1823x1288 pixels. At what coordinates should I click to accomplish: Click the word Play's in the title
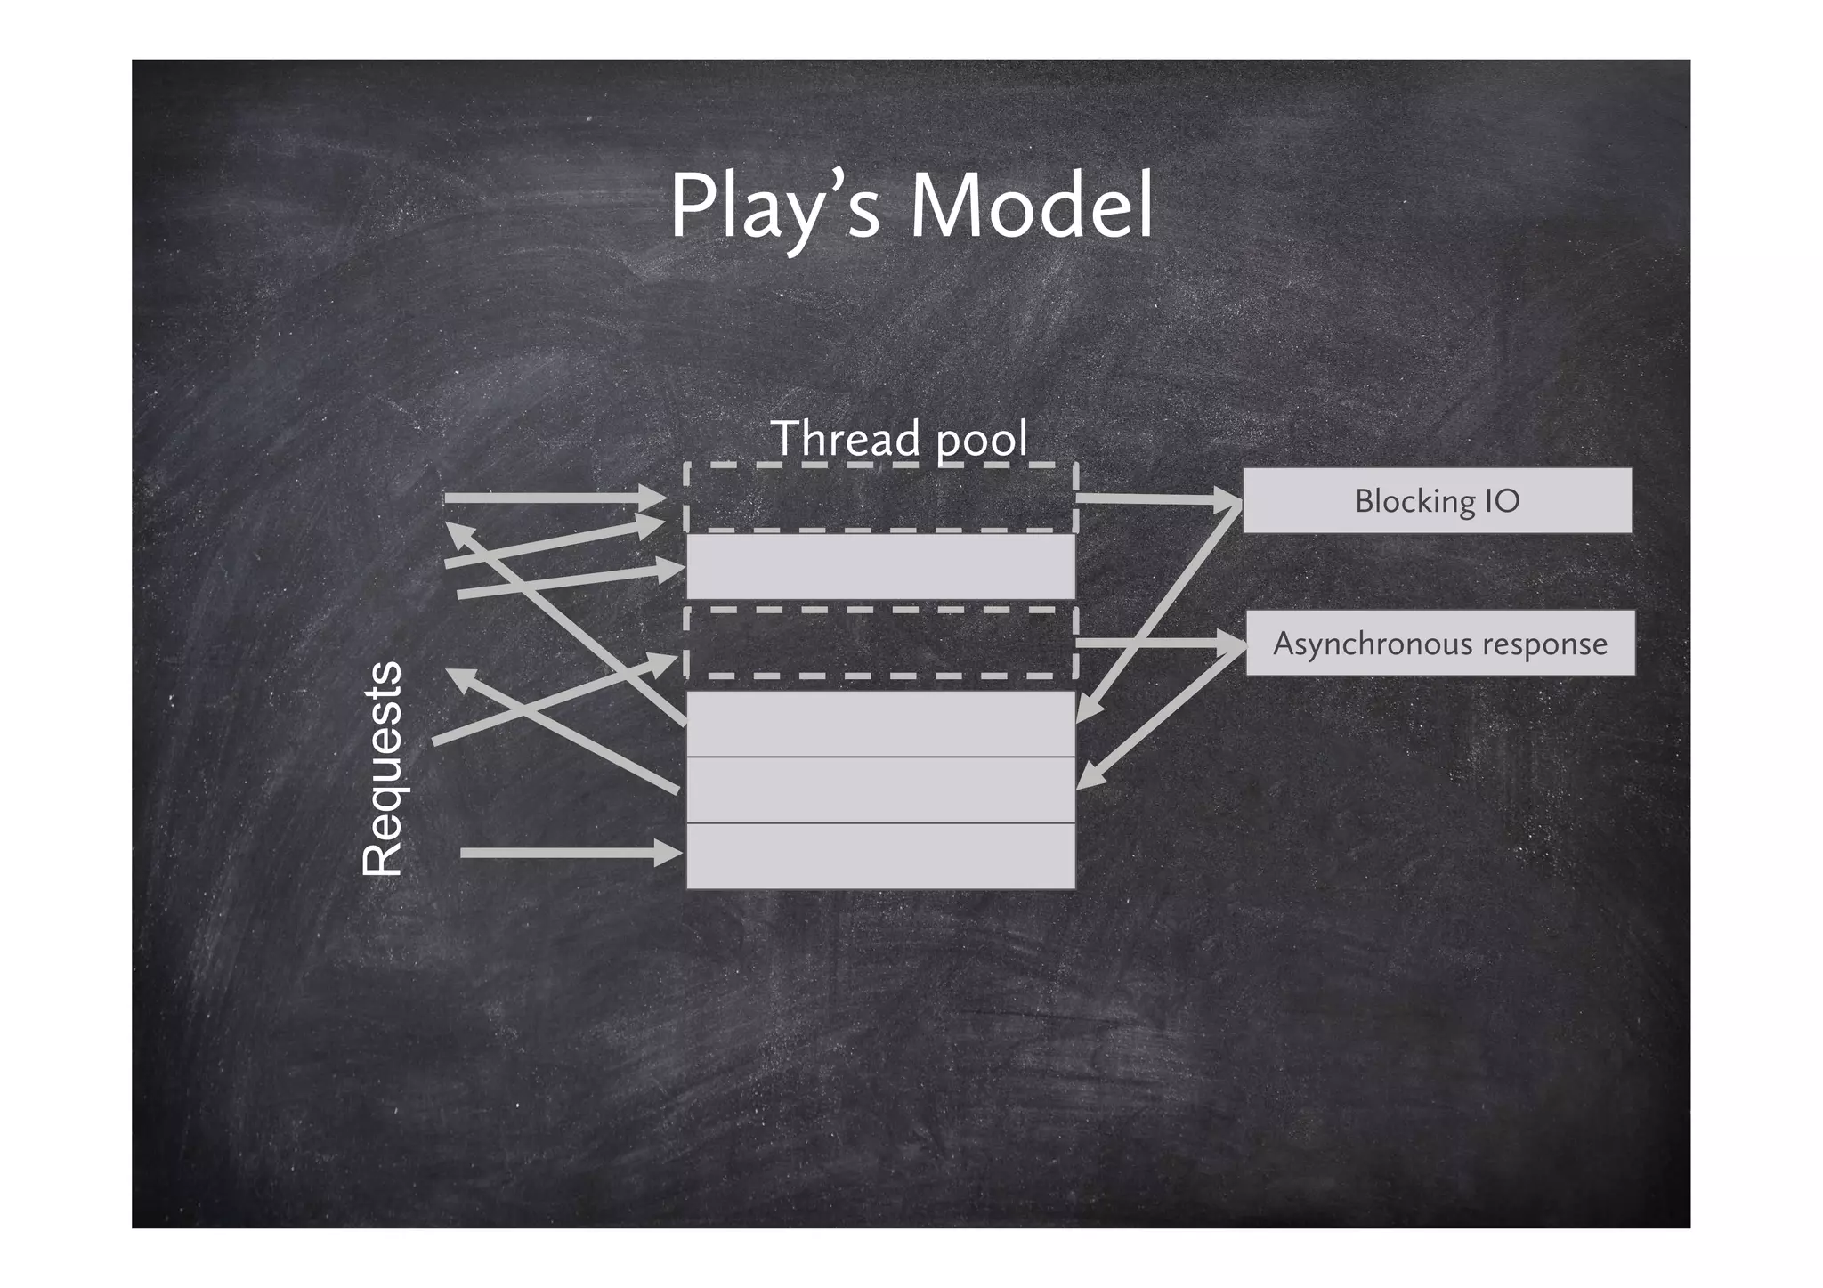(774, 207)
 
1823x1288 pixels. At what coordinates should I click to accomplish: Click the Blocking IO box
(1437, 500)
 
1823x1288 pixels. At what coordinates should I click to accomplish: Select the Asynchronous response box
(1439, 643)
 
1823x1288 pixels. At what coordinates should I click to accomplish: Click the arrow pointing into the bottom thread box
(570, 853)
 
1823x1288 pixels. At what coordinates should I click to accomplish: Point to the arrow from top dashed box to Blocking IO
(1157, 500)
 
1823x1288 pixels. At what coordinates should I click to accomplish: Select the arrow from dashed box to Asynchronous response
(1157, 643)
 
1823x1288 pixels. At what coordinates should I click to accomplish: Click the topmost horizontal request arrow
(552, 498)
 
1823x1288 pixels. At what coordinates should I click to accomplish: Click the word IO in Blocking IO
(1502, 501)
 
